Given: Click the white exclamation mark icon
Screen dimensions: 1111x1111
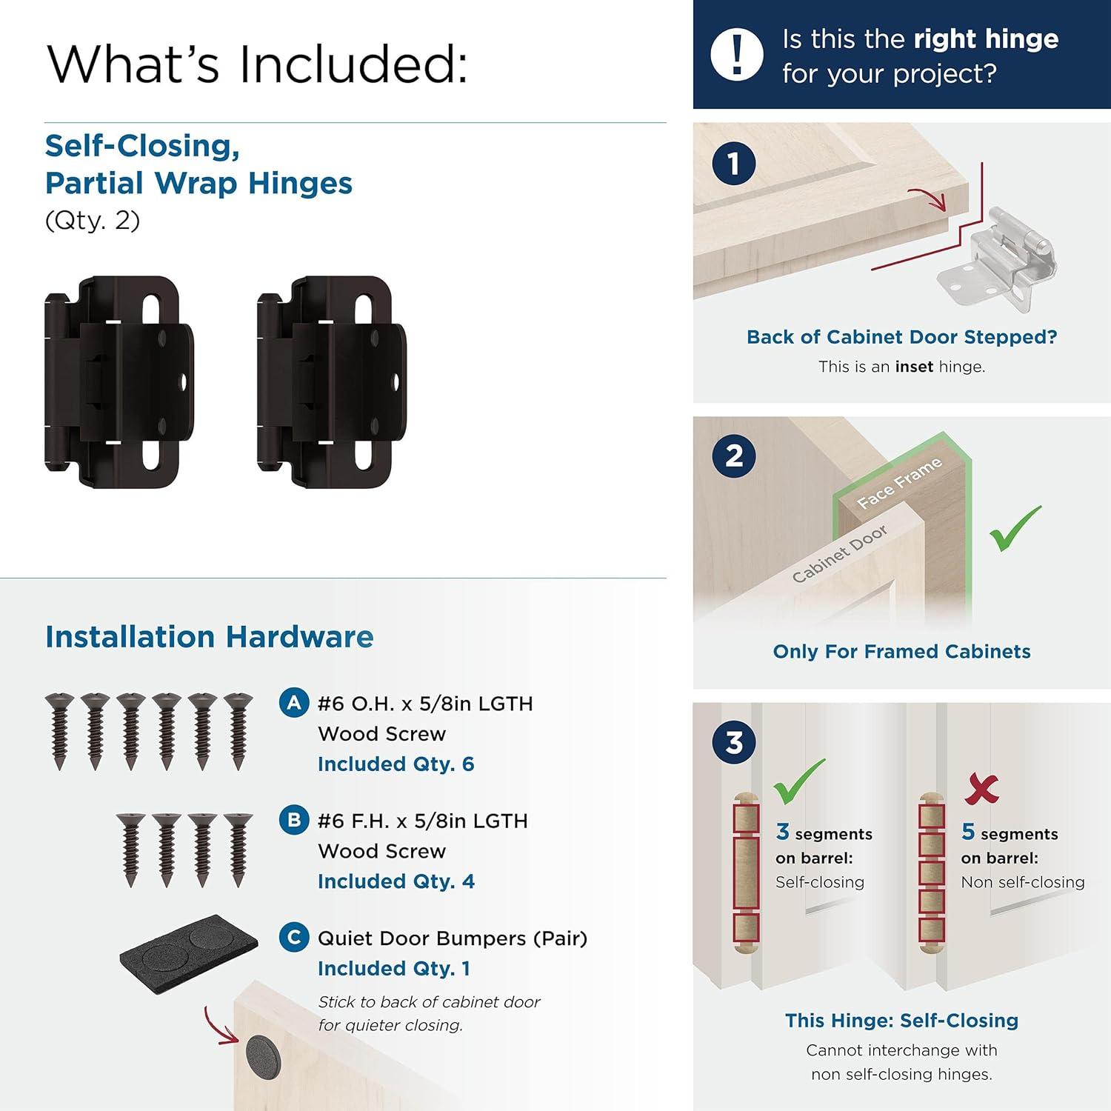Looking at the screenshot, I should point(736,55).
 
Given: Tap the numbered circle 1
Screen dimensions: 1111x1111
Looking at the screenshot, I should point(733,164).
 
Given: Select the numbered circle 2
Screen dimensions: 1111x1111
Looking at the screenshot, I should point(733,456).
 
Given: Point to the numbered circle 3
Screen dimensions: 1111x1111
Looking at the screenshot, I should point(733,742).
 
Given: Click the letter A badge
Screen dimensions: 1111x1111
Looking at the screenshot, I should point(294,702).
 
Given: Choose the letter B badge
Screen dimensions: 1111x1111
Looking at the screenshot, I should point(294,820).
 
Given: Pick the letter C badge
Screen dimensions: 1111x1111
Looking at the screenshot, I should point(294,937).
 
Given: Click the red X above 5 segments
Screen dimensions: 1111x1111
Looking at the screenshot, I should point(981,789).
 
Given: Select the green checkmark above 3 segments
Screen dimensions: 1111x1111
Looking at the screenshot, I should point(798,781).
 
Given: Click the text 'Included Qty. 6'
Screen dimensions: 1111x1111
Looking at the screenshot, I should point(396,764).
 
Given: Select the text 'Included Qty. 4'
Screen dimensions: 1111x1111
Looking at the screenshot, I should point(396,881).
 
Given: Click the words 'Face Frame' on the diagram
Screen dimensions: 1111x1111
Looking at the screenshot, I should point(899,483).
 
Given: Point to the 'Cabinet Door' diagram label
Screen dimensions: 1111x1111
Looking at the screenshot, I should point(839,553).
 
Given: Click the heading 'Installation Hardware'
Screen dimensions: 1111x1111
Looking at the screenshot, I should point(210,637).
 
